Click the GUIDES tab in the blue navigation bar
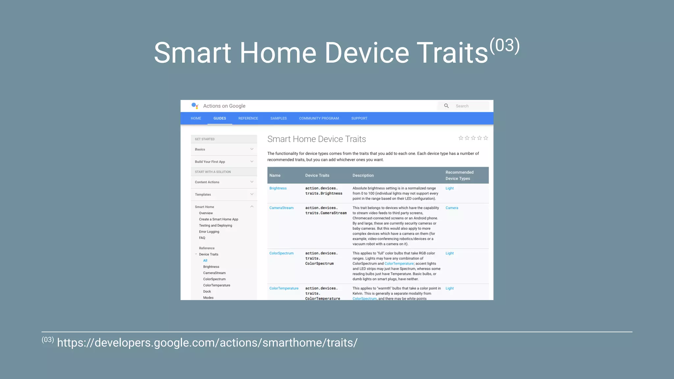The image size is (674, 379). tap(220, 118)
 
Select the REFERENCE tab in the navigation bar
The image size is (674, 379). tap(248, 118)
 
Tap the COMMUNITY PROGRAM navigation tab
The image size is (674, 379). tap(319, 118)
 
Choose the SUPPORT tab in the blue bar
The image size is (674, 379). tap(359, 118)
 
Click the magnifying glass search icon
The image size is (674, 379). tap(446, 106)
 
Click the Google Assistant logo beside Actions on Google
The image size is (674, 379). tap(195, 106)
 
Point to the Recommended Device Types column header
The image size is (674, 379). tap(459, 175)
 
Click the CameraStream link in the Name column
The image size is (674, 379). tap(281, 208)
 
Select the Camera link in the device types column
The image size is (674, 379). tap(452, 208)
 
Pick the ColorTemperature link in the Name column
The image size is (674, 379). tap(284, 289)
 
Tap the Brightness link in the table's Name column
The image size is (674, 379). tap(278, 189)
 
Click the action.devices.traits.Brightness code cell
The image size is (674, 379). tap(324, 191)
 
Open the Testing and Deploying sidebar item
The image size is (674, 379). tap(215, 226)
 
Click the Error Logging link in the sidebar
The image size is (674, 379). tap(209, 232)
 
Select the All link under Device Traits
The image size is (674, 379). tap(205, 261)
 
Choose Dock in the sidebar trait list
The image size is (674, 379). tap(207, 291)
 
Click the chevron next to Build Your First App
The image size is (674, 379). tap(252, 162)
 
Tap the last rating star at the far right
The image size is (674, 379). tap(485, 138)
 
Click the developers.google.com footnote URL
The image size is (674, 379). tap(207, 343)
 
